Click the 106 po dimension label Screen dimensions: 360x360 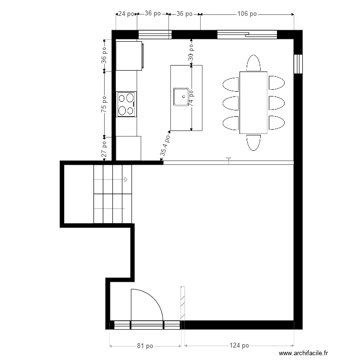(x=247, y=14)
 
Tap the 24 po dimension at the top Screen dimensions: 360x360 (x=126, y=14)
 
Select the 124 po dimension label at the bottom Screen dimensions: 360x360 (x=239, y=345)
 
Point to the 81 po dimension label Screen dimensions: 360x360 (x=145, y=346)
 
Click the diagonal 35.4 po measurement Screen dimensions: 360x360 (x=165, y=145)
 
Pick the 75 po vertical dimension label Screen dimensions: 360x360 (x=104, y=104)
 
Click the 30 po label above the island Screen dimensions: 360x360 (x=191, y=52)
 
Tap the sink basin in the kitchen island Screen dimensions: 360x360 (x=181, y=96)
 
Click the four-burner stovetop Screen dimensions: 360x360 (x=126, y=104)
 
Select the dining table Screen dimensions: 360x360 (x=253, y=103)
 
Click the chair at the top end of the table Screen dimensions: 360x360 (x=253, y=63)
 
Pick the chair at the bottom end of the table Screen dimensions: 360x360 (x=253, y=143)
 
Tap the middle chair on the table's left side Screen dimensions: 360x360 (x=230, y=103)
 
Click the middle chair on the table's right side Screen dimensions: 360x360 (x=276, y=103)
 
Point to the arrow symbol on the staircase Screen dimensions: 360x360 (x=126, y=180)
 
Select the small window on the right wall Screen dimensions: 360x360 (x=298, y=64)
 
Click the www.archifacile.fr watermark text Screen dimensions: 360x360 (x=303, y=353)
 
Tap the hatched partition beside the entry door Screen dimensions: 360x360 (x=183, y=303)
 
